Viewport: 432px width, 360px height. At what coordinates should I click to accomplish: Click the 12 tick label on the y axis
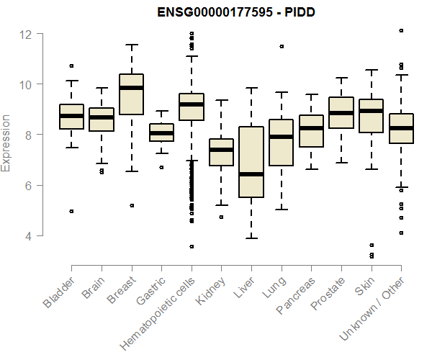point(26,34)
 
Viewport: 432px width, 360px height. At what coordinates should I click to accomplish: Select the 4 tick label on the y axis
point(27,235)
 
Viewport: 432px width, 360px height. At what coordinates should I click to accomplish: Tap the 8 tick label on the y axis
point(27,135)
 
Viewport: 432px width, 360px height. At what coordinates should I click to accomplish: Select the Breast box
point(130,94)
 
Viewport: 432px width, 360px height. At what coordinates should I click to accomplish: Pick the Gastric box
point(161,132)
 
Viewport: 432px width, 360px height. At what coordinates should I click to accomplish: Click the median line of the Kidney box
point(221,150)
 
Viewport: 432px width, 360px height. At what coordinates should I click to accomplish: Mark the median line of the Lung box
point(282,136)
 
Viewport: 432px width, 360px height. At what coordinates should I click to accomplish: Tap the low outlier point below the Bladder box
point(71,211)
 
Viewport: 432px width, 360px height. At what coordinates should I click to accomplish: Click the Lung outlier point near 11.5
point(282,46)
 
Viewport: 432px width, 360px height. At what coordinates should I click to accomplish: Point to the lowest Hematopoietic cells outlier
point(192,246)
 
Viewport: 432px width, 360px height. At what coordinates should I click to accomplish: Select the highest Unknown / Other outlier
point(401,30)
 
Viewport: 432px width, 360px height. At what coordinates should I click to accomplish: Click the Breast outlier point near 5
point(131,205)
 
